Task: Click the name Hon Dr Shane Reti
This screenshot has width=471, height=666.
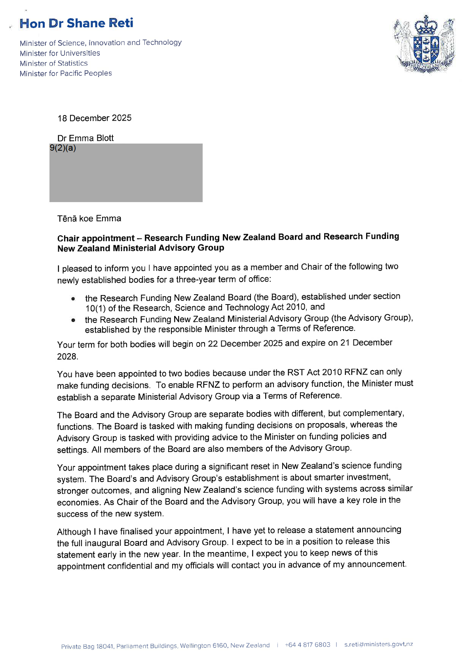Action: click(x=76, y=23)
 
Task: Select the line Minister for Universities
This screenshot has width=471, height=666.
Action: click(x=60, y=53)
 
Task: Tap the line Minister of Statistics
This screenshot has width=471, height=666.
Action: click(x=54, y=63)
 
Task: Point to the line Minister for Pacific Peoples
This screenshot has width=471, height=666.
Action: click(x=66, y=73)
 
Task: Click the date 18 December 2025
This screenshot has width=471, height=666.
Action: click(x=94, y=118)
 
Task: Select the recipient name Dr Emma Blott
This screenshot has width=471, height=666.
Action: click(x=85, y=138)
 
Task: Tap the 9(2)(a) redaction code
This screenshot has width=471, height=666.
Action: click(x=63, y=148)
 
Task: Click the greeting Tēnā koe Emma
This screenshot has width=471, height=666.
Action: click(x=89, y=218)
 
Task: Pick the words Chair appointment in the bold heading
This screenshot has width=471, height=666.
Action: click(x=96, y=238)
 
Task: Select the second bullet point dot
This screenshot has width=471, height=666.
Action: click(x=73, y=320)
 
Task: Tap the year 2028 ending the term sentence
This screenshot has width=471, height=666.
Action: click(x=67, y=356)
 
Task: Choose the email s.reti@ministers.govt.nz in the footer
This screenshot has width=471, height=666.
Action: click(x=378, y=644)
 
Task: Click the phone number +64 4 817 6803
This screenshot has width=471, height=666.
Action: click(x=308, y=645)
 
